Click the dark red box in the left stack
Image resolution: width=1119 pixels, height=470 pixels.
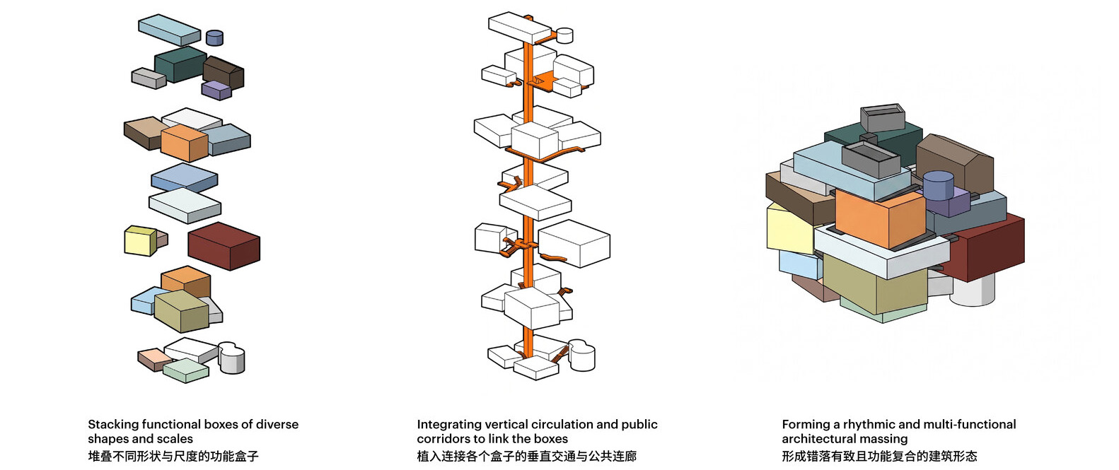coord(224,246)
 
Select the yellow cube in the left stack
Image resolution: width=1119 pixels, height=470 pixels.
coord(140,241)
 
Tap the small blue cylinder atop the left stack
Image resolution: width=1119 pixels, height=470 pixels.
coord(215,37)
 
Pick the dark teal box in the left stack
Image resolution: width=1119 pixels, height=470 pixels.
coord(180,64)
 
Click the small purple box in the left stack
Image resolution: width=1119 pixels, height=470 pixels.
coord(216,90)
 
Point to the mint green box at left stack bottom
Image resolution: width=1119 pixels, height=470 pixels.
coord(186,370)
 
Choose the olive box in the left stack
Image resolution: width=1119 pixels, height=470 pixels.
coord(181,311)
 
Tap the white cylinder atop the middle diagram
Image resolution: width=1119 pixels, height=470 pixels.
coord(564,35)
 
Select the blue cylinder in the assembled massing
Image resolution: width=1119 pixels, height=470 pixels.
coord(938,186)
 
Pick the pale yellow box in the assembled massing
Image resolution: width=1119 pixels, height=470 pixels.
coord(790,228)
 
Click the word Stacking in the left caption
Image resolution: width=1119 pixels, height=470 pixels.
coord(113,425)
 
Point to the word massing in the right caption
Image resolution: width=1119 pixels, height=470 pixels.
coord(883,439)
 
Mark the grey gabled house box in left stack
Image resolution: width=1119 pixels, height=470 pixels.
coord(224,73)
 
